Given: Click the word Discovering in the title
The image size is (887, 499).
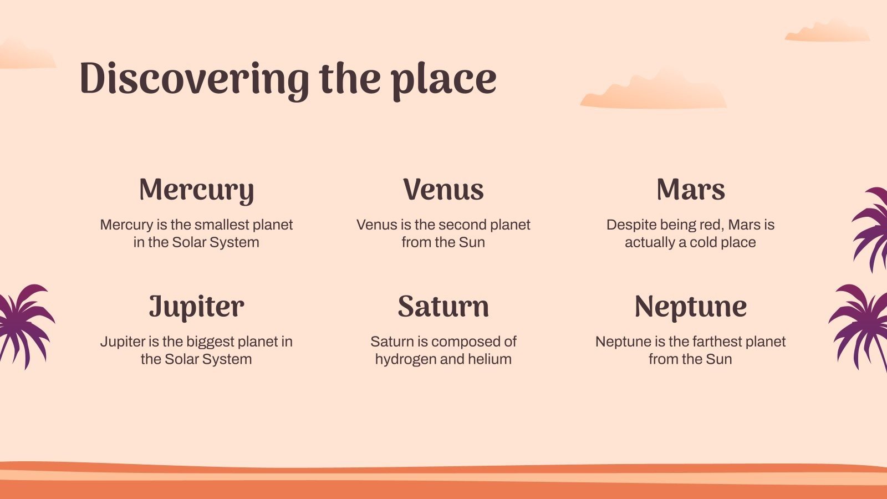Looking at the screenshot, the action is point(194,79).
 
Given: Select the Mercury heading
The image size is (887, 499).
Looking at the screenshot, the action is point(196,191).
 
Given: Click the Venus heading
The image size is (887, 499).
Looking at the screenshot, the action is point(443,189).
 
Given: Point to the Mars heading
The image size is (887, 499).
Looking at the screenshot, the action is point(691,189).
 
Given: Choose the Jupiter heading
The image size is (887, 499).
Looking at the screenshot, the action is point(196,307).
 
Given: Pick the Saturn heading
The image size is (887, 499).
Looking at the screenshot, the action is point(443,306).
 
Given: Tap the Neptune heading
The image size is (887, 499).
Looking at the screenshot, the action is point(691,307).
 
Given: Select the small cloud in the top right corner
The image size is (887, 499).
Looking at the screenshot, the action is point(828,31).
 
